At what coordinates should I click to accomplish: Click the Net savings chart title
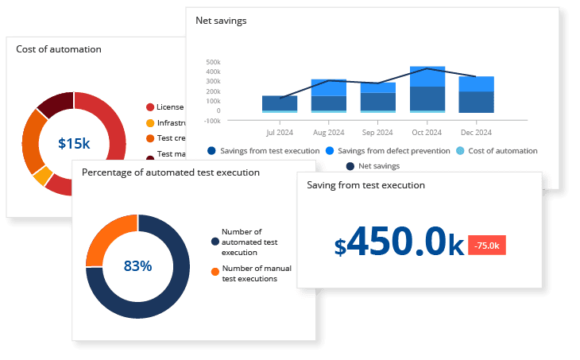tap(221, 21)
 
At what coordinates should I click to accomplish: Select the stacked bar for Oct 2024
tap(427, 89)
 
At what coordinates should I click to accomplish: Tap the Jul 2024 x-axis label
tap(281, 132)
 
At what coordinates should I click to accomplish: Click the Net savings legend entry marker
tap(350, 166)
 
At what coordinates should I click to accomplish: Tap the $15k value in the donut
tap(74, 143)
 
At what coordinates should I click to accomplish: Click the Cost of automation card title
tap(59, 48)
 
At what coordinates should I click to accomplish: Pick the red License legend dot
tap(150, 106)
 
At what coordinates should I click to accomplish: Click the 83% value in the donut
tap(137, 265)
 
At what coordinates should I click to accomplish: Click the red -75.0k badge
tap(486, 245)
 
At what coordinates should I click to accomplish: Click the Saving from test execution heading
tap(365, 184)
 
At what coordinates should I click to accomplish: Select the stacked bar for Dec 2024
tap(476, 95)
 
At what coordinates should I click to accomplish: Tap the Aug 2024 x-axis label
tap(329, 132)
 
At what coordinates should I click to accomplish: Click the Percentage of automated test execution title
tap(170, 172)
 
